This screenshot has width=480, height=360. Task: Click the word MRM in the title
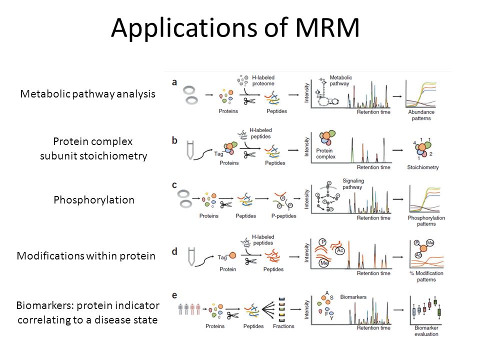327,27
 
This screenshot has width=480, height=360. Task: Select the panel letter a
174,82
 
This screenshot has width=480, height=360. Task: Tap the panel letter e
174,295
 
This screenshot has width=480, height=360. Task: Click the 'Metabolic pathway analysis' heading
88,94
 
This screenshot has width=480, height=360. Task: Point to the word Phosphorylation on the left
94,200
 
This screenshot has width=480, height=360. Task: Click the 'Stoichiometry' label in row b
423,167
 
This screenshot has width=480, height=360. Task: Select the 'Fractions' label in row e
283,326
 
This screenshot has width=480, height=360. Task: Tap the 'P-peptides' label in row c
284,216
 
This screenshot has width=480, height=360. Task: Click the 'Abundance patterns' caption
421,115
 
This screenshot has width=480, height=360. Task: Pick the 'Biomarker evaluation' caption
426,331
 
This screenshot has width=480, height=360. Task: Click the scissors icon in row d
250,261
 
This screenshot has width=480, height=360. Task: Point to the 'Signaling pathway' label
353,184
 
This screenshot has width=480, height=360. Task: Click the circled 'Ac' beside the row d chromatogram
340,250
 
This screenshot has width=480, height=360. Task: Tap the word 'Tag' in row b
218,153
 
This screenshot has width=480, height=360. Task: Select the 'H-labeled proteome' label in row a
263,80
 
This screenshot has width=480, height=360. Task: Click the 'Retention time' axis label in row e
373,328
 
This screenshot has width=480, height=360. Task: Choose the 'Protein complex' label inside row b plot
325,153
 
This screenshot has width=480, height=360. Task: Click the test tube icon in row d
191,256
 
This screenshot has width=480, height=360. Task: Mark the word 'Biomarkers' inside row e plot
353,297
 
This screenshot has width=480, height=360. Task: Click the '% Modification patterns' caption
426,276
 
